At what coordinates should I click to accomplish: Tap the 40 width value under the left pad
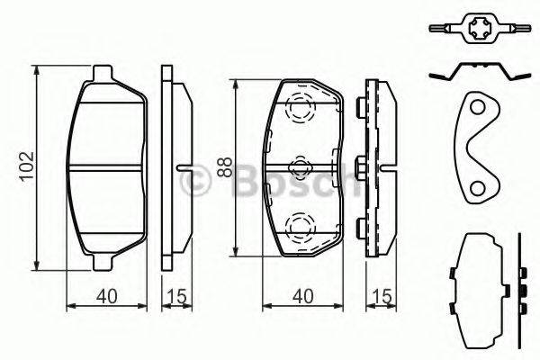105,294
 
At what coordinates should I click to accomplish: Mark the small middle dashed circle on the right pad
299,166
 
